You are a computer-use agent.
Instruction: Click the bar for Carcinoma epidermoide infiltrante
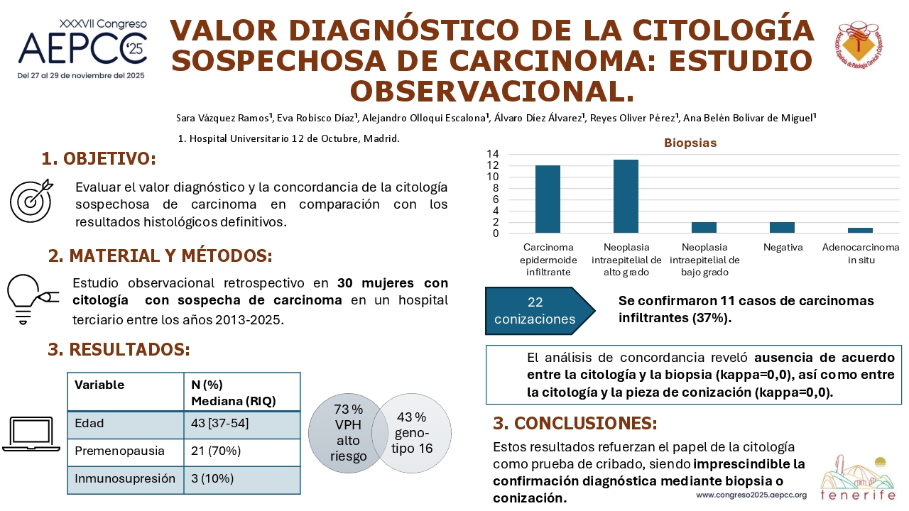(x=548, y=199)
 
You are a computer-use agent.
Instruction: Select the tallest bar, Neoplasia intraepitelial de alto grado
(x=626, y=197)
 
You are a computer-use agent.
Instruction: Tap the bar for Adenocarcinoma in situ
(x=860, y=231)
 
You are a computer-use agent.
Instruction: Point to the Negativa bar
(x=782, y=228)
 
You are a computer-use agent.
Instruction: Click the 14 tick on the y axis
(x=493, y=154)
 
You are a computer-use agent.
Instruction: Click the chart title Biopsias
(x=690, y=143)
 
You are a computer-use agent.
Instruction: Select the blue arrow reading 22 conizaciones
(x=540, y=311)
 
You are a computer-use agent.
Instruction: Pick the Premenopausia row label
(x=120, y=451)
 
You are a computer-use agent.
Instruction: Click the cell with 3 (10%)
(x=212, y=478)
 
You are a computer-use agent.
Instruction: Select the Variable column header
(x=99, y=385)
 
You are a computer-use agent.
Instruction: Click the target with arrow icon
(x=32, y=200)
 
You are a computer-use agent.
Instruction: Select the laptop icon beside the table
(x=31, y=434)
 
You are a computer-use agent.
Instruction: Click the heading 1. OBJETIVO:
(x=99, y=158)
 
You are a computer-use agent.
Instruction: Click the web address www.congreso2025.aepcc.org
(x=751, y=495)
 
